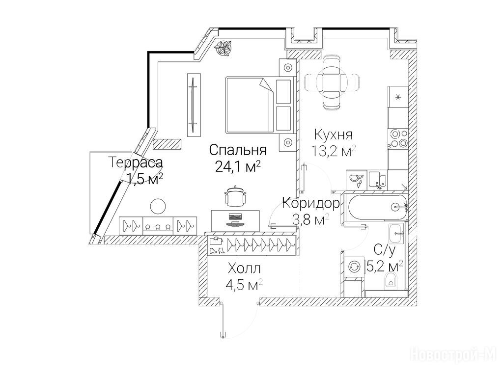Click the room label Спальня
[x=238, y=150]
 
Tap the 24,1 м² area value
[x=237, y=166]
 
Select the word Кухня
[x=334, y=135]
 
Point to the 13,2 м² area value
[x=334, y=150]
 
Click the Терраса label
[x=136, y=162]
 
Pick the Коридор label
[x=310, y=203]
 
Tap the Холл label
[x=244, y=269]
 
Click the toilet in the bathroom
[x=391, y=279]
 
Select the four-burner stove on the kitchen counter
[x=398, y=138]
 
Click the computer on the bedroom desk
[x=235, y=219]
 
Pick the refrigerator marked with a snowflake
[x=398, y=97]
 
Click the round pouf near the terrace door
[x=158, y=206]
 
